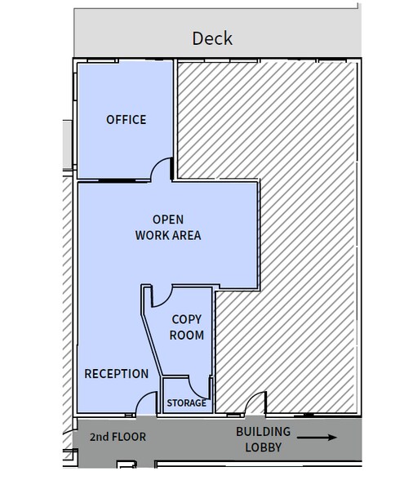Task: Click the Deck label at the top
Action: (212, 38)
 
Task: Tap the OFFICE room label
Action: (127, 120)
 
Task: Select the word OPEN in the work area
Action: (168, 219)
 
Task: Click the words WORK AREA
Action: (168, 236)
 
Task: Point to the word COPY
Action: (187, 319)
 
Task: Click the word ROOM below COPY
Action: (187, 335)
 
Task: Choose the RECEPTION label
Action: (117, 374)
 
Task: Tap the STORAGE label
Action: (186, 403)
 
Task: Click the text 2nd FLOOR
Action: (118, 437)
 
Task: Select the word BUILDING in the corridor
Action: (264, 431)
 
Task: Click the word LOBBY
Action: (264, 447)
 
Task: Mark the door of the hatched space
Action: (255, 402)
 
